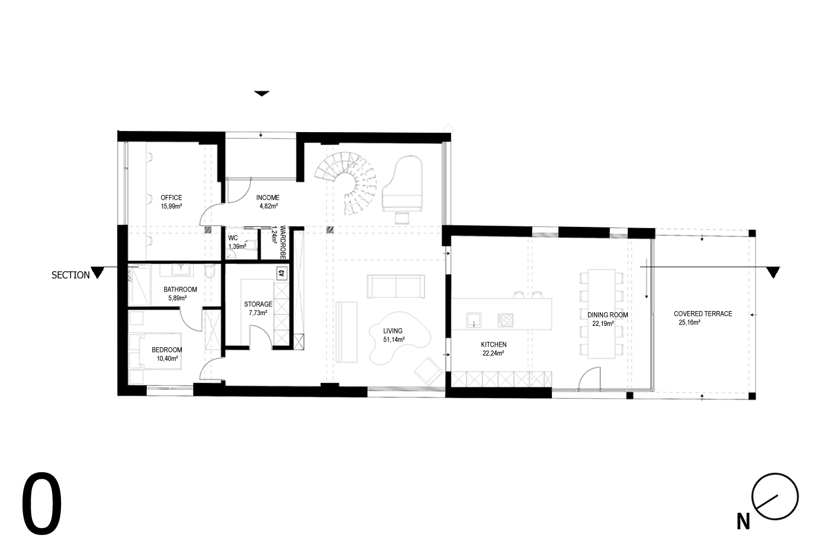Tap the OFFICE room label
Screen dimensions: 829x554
pyautogui.click(x=171, y=198)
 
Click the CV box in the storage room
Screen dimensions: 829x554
pyautogui.click(x=282, y=274)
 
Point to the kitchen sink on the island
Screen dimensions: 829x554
pyautogui.click(x=474, y=320)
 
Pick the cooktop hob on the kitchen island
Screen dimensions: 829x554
pyautogui.click(x=505, y=320)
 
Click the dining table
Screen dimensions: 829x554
pyautogui.click(x=602, y=314)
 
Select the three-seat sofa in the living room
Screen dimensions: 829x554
pyautogui.click(x=396, y=286)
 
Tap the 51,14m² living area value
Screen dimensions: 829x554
pyautogui.click(x=394, y=339)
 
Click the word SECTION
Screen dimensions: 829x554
pyautogui.click(x=70, y=275)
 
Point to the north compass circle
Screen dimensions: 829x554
pyautogui.click(x=775, y=497)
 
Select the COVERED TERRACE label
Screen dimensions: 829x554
pyautogui.click(x=703, y=313)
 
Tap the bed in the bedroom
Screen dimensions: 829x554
pyautogui.click(x=155, y=351)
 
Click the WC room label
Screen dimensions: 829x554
pyautogui.click(x=233, y=238)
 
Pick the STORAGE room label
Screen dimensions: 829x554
pyautogui.click(x=258, y=304)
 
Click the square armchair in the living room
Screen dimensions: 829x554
pyautogui.click(x=428, y=372)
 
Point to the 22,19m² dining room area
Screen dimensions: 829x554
pyautogui.click(x=603, y=324)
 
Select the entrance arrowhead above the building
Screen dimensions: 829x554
pyautogui.click(x=262, y=94)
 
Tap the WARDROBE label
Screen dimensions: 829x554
pyautogui.click(x=283, y=242)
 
